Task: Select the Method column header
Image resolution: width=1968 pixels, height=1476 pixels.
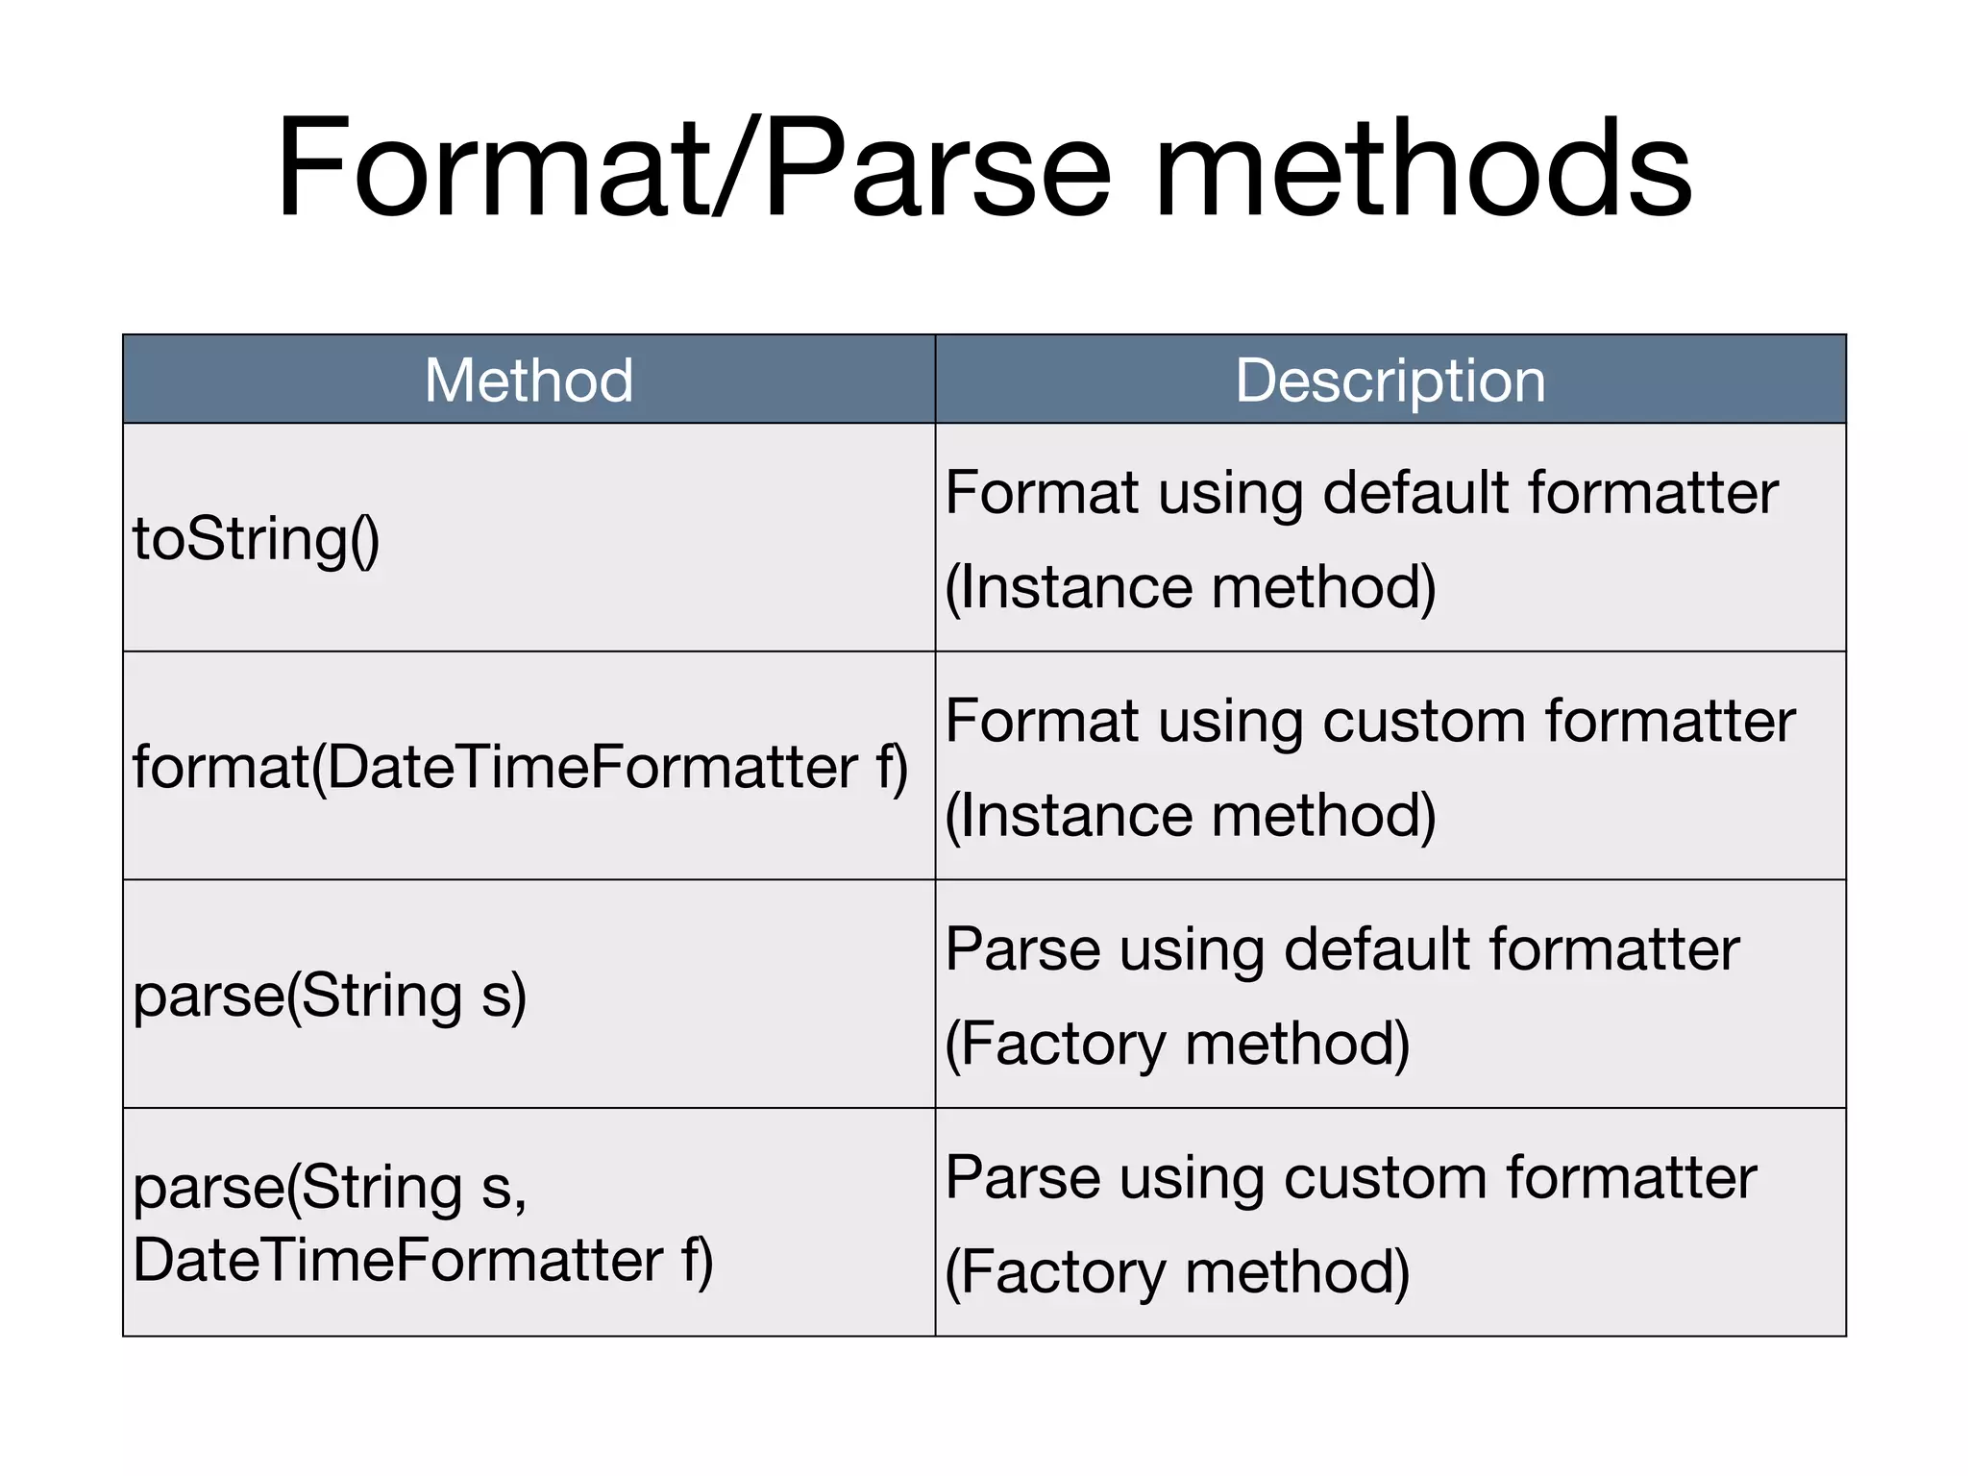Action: (x=529, y=381)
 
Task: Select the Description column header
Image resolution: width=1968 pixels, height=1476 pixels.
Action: (x=1390, y=381)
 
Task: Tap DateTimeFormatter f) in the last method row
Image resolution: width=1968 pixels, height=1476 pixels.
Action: (x=423, y=1261)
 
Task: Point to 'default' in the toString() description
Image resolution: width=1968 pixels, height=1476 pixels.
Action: (x=1416, y=493)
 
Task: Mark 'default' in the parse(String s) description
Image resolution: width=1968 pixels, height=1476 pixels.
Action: (x=1378, y=950)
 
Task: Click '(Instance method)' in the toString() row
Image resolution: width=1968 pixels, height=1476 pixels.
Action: (x=1191, y=587)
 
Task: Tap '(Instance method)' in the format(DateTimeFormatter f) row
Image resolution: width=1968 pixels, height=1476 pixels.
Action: (x=1191, y=816)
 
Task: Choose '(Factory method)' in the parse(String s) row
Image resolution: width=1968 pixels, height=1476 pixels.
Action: (x=1177, y=1045)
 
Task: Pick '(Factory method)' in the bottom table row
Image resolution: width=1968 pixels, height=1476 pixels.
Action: (x=1177, y=1273)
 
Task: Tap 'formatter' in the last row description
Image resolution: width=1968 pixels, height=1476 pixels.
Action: (x=1632, y=1179)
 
